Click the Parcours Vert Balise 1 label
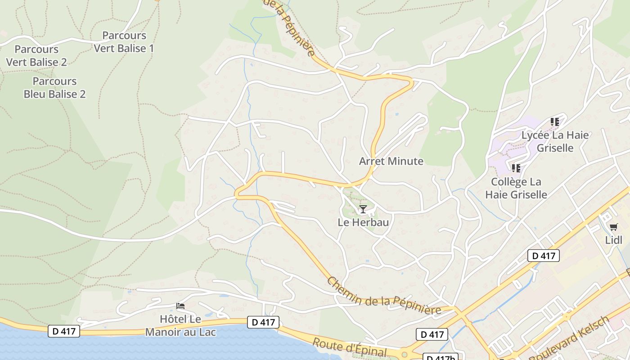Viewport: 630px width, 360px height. [x=124, y=42]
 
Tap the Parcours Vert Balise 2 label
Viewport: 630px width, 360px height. [x=36, y=56]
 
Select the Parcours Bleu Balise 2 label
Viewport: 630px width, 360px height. [x=54, y=88]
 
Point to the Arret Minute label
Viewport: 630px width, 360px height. [x=391, y=161]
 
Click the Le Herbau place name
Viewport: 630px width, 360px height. [x=363, y=222]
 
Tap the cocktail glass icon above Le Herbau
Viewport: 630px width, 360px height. [x=363, y=209]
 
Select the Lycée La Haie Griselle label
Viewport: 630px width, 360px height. [x=555, y=141]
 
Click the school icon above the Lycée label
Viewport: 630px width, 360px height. [x=555, y=121]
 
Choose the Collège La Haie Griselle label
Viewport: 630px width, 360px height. [x=516, y=188]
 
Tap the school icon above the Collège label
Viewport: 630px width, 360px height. [x=516, y=168]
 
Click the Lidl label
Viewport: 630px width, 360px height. [x=613, y=240]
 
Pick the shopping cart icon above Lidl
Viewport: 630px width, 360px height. [x=613, y=227]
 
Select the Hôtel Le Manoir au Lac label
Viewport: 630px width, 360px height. [x=180, y=326]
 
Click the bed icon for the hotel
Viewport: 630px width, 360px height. [x=180, y=306]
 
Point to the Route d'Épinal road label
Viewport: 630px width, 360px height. [x=350, y=347]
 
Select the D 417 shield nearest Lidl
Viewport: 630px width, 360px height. [x=543, y=256]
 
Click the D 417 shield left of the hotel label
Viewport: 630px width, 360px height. [x=64, y=331]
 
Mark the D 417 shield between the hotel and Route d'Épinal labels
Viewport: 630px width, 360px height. [x=263, y=322]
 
